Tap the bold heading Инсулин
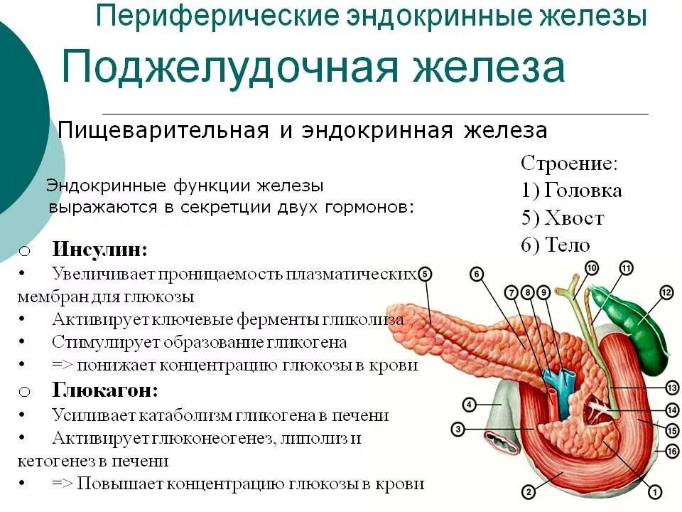pos(99,250)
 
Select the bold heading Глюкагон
pos(104,390)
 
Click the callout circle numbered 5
pos(425,274)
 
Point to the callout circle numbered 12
pos(666,292)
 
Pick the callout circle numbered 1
pos(655,491)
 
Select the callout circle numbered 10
pos(592,267)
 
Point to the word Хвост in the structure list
pos(575,218)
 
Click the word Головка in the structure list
pos(583,191)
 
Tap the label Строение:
pos(569,164)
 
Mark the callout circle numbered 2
pos(528,491)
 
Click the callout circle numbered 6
pos(477,274)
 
